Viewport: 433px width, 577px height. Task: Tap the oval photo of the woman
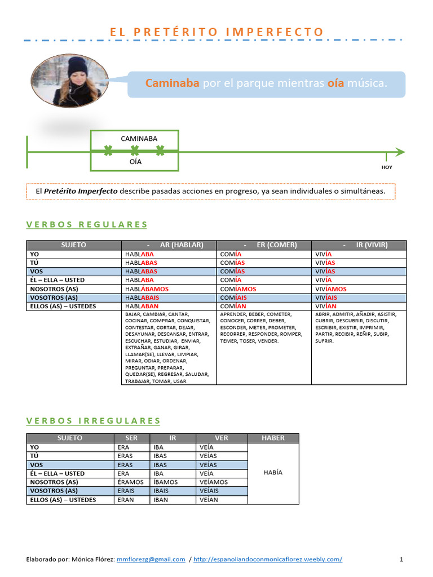coord(67,80)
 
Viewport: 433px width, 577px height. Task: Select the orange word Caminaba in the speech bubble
coord(173,83)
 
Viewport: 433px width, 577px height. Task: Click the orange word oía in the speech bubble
coord(336,83)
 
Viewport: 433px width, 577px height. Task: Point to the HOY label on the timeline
coord(387,167)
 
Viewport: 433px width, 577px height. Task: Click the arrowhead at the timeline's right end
coord(400,152)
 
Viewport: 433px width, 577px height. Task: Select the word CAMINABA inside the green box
coord(139,139)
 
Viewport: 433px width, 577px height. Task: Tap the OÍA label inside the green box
coord(135,162)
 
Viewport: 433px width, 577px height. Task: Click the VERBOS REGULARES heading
coord(87,225)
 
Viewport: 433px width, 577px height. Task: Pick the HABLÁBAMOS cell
coord(147,289)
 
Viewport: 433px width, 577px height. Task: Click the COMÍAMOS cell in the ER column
coord(238,289)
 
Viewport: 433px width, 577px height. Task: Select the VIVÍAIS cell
coord(326,298)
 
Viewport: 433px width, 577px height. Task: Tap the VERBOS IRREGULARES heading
coord(94,421)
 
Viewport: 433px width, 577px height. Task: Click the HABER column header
coord(273,438)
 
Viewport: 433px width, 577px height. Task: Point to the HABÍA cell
coord(273,473)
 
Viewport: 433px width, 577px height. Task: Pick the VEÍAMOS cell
coord(214,482)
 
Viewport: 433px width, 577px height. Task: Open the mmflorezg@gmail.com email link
coord(151,560)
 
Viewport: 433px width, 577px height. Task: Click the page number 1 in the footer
coord(401,560)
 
